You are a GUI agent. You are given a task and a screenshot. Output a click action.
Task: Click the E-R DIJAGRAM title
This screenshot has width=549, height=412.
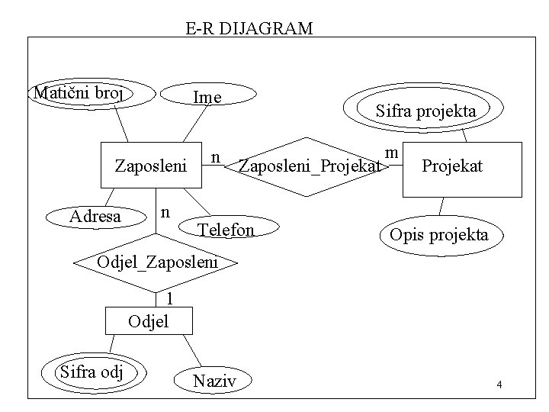(249, 29)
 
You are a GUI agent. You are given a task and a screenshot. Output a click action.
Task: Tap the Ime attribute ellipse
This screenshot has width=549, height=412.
(207, 97)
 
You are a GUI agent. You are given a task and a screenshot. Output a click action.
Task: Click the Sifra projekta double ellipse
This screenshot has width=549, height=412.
(425, 111)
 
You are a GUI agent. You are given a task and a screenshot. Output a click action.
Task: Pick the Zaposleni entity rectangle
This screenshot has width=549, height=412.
(150, 165)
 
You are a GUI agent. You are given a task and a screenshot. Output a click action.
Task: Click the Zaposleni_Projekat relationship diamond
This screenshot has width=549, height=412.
(308, 166)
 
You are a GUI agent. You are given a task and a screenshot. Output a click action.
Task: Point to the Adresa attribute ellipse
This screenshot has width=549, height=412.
(95, 217)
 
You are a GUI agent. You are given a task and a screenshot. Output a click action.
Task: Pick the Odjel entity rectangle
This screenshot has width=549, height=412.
(148, 321)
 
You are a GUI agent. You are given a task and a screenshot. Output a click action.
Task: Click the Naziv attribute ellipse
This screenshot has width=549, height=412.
(214, 380)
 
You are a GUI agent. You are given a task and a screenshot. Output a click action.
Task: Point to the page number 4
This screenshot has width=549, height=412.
(499, 385)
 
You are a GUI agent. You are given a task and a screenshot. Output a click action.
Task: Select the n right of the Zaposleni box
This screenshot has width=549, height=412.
(216, 157)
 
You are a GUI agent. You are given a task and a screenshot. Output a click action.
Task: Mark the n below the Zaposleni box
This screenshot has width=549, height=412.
(164, 208)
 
